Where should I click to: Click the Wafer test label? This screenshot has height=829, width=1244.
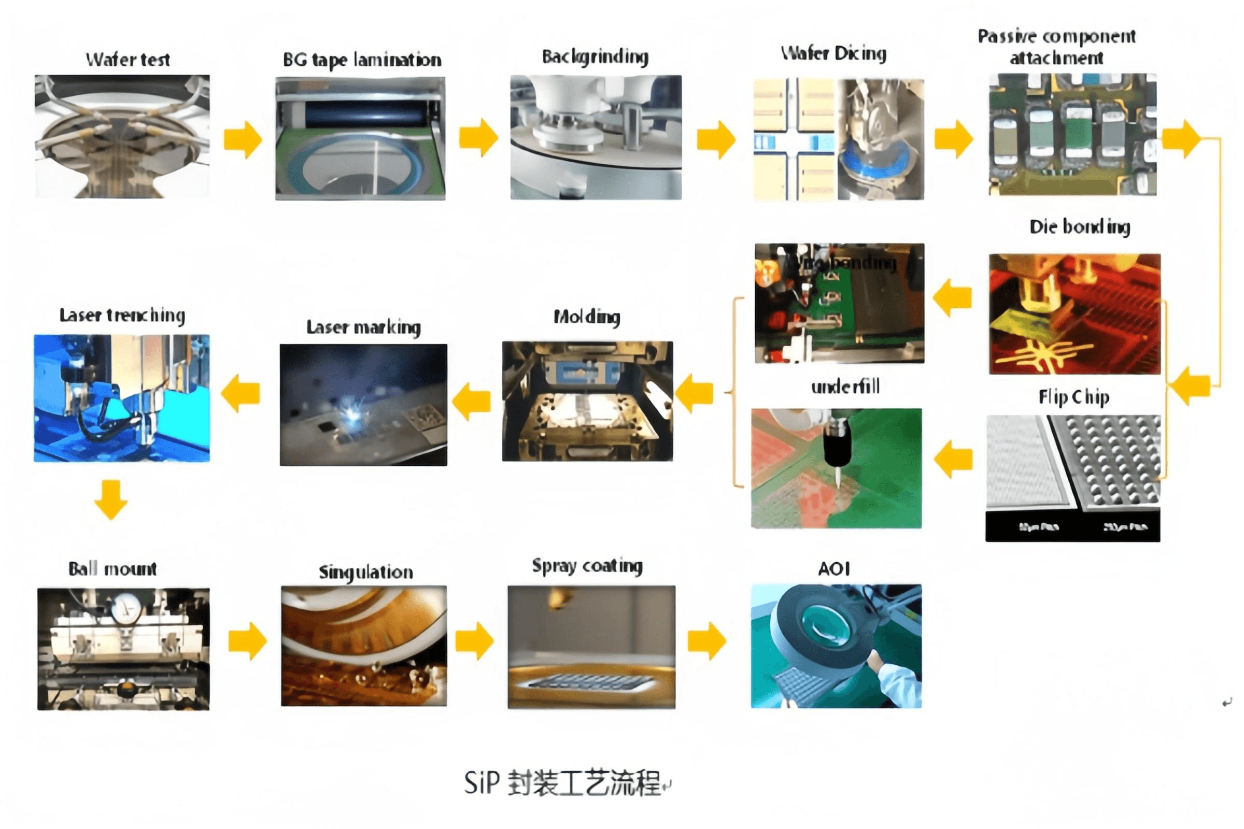pyautogui.click(x=128, y=59)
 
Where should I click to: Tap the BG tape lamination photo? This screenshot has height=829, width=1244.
pyautogui.click(x=360, y=138)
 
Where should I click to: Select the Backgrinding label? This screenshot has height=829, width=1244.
pyautogui.click(x=595, y=56)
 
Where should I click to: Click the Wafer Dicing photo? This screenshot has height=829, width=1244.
pyautogui.click(x=838, y=139)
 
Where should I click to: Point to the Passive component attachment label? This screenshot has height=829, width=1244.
pyautogui.click(x=1056, y=47)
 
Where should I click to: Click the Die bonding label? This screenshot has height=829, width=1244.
pyautogui.click(x=1080, y=226)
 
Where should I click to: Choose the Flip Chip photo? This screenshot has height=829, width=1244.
pyautogui.click(x=1072, y=477)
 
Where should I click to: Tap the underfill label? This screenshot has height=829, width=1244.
pyautogui.click(x=845, y=387)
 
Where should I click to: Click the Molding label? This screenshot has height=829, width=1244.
pyautogui.click(x=587, y=317)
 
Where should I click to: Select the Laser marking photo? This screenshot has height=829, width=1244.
pyautogui.click(x=363, y=405)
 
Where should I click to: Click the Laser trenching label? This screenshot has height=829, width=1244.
pyautogui.click(x=122, y=315)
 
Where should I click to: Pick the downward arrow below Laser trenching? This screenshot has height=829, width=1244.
pyautogui.click(x=111, y=499)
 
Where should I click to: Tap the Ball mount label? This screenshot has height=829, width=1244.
pyautogui.click(x=112, y=569)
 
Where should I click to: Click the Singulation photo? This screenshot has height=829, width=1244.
pyautogui.click(x=364, y=646)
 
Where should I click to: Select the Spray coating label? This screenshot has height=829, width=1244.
pyautogui.click(x=587, y=566)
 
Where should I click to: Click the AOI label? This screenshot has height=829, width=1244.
pyautogui.click(x=834, y=569)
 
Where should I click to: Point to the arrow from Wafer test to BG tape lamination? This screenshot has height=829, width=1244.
pyautogui.click(x=243, y=139)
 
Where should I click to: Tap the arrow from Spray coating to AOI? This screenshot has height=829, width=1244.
pyautogui.click(x=707, y=641)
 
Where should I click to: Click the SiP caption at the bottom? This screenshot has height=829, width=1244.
pyautogui.click(x=564, y=783)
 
